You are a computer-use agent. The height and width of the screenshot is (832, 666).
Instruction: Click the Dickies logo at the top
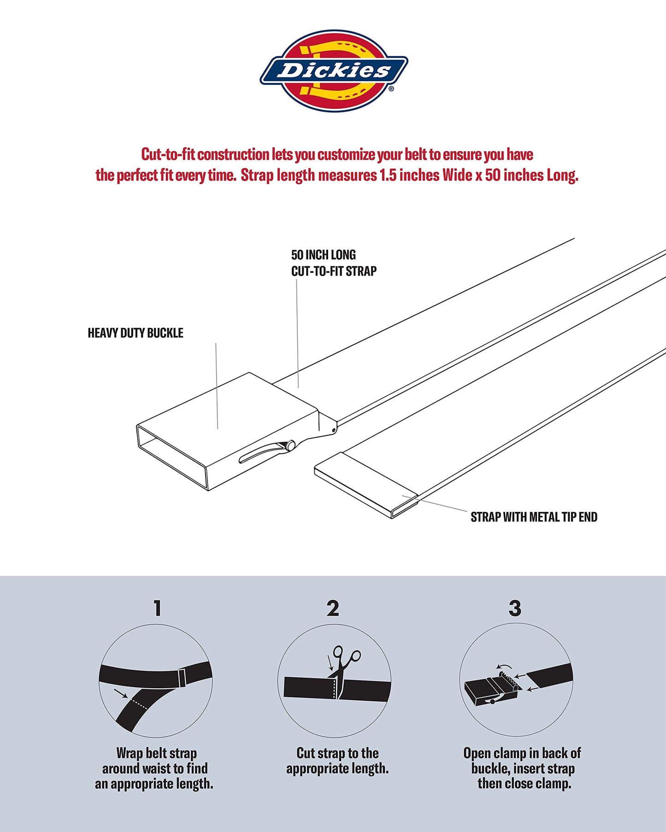(x=334, y=70)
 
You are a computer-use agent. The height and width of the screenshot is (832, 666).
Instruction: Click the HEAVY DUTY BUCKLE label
(x=136, y=333)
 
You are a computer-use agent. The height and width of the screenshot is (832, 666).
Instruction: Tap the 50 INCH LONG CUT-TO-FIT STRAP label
(x=333, y=263)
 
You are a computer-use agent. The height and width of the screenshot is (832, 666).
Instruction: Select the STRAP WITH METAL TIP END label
(x=534, y=517)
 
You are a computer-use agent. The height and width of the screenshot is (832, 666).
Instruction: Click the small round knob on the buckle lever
(x=289, y=446)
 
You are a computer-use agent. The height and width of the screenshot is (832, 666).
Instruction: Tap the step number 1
(x=158, y=608)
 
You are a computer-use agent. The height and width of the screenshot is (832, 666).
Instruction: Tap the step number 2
(x=333, y=608)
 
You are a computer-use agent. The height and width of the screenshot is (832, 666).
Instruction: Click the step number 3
(x=515, y=608)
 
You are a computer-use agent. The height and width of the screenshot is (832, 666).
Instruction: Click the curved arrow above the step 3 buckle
(x=504, y=667)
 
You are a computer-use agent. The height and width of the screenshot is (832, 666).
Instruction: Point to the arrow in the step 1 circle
(x=120, y=693)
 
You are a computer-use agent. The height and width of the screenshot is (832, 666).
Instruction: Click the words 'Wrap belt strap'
(x=157, y=753)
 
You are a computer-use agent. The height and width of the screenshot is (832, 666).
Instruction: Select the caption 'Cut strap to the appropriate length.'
(x=337, y=761)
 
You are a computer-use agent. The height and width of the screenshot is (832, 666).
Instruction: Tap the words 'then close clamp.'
(x=525, y=783)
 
